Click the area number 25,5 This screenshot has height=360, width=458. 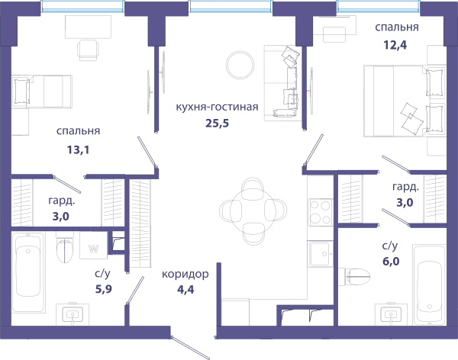(x=217, y=124)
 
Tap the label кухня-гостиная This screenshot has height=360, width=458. (x=217, y=107)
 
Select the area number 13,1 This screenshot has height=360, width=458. (x=78, y=150)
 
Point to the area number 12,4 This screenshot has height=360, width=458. (x=395, y=45)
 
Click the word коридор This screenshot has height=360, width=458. (x=185, y=275)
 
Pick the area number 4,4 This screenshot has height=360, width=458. (x=185, y=290)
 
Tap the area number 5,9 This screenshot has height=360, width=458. (x=104, y=289)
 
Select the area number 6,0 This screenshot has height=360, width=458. (x=391, y=261)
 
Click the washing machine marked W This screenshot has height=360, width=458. (x=93, y=246)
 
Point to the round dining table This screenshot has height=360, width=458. (x=253, y=211)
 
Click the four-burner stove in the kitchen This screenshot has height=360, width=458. (x=320, y=212)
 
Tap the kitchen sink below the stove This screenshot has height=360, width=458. (x=321, y=253)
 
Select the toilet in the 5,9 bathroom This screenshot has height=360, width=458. (x=65, y=249)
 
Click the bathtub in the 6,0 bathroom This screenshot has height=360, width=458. (x=429, y=285)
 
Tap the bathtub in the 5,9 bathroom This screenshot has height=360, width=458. (x=28, y=272)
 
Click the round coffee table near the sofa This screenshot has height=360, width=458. (x=240, y=65)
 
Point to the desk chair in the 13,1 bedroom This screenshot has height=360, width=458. (x=88, y=50)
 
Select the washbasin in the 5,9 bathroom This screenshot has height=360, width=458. (x=73, y=314)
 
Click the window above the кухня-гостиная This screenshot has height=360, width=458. (x=231, y=6)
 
